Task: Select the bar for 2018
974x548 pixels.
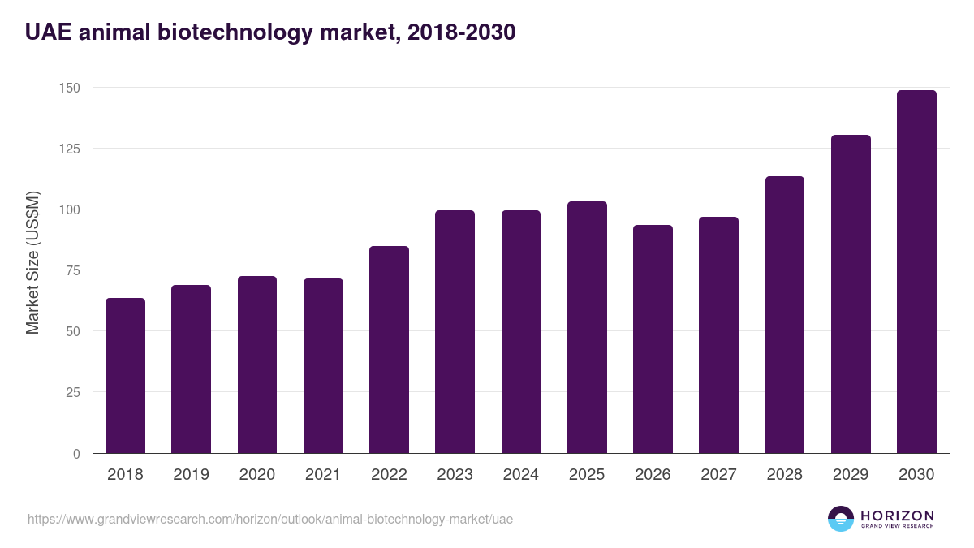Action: pyautogui.click(x=125, y=376)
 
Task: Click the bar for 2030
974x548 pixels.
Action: pyautogui.click(x=916, y=272)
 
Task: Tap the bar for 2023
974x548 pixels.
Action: pyautogui.click(x=455, y=332)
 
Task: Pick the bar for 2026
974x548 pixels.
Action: pyautogui.click(x=653, y=339)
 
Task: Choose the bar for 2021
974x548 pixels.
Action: pyautogui.click(x=323, y=366)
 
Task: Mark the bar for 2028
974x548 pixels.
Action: pyautogui.click(x=785, y=315)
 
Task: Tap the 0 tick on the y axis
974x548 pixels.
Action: pyautogui.click(x=76, y=454)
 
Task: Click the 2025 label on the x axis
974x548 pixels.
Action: pyautogui.click(x=587, y=475)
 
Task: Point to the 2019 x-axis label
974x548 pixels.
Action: pyautogui.click(x=191, y=475)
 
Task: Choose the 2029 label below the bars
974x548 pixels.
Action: pyautogui.click(x=851, y=475)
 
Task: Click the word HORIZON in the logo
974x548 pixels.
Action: pyautogui.click(x=897, y=516)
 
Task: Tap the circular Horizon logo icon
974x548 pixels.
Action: pyautogui.click(x=840, y=519)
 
